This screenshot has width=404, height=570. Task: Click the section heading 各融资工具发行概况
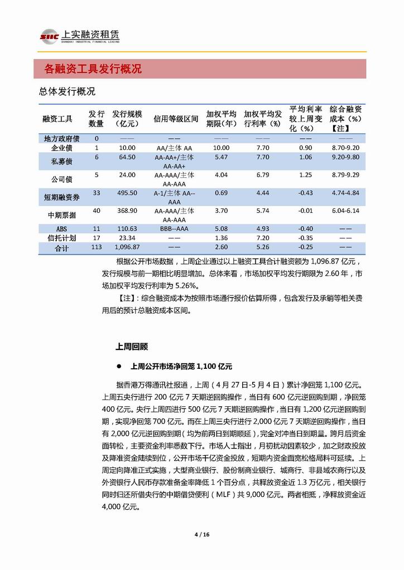click(93, 69)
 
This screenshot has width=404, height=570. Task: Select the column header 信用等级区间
click(176, 119)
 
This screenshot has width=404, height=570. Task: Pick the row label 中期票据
click(62, 215)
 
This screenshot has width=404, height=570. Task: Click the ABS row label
click(62, 229)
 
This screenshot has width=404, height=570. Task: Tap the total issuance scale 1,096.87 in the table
click(124, 247)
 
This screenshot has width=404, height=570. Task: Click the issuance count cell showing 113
click(96, 247)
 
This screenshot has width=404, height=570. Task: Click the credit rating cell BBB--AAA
click(175, 229)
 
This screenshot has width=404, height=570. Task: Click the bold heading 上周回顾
click(132, 346)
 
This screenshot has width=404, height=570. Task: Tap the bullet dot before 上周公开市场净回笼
click(119, 367)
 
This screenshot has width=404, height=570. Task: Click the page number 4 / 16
click(201, 534)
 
